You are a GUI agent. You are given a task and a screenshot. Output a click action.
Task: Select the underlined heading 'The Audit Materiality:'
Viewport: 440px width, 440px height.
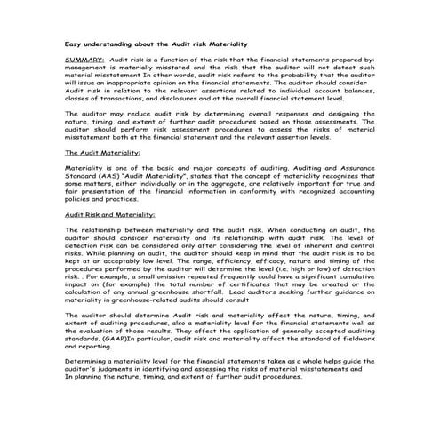coord(104,152)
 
